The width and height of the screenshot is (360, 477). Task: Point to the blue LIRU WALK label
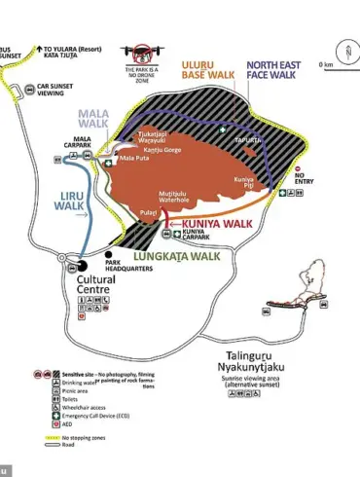68,201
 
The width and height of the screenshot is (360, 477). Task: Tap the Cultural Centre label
101,284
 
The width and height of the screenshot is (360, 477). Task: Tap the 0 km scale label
326,65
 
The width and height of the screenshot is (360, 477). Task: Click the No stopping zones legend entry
84,439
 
